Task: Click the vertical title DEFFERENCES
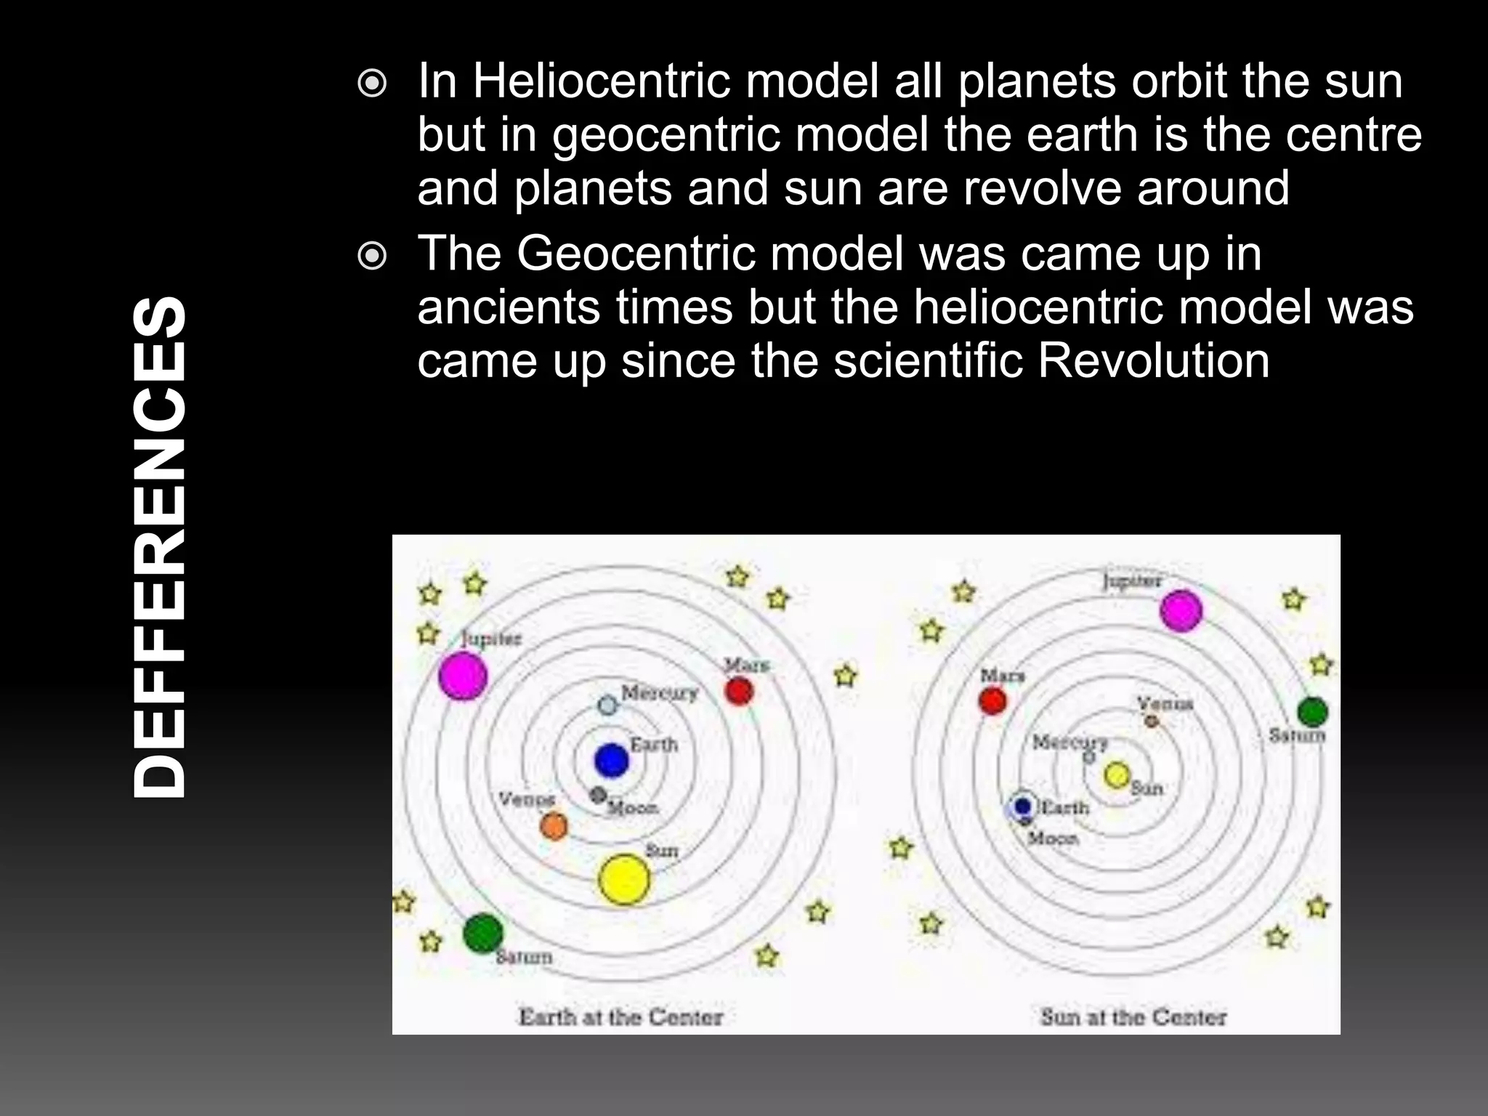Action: tap(160, 546)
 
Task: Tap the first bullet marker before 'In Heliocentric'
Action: tap(373, 85)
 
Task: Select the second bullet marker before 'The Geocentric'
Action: tap(373, 256)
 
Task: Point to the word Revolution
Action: tap(1153, 360)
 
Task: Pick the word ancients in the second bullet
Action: tap(509, 307)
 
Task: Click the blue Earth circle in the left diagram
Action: tap(611, 760)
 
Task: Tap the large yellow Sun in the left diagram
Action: tap(623, 879)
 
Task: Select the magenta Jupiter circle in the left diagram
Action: tap(463, 675)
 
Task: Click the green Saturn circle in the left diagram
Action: tap(483, 934)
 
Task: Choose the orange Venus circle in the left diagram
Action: tap(554, 826)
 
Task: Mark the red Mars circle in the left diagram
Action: tap(739, 691)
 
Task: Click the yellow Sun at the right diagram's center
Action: tap(1117, 775)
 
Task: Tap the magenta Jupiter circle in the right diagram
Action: tap(1181, 610)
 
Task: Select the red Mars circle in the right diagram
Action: tap(992, 701)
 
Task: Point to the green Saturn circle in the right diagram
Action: tap(1312, 712)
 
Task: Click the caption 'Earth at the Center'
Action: tap(620, 1016)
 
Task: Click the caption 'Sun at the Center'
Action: tap(1133, 1016)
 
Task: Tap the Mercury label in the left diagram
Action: tap(659, 692)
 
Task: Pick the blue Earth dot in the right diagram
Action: tap(1023, 806)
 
